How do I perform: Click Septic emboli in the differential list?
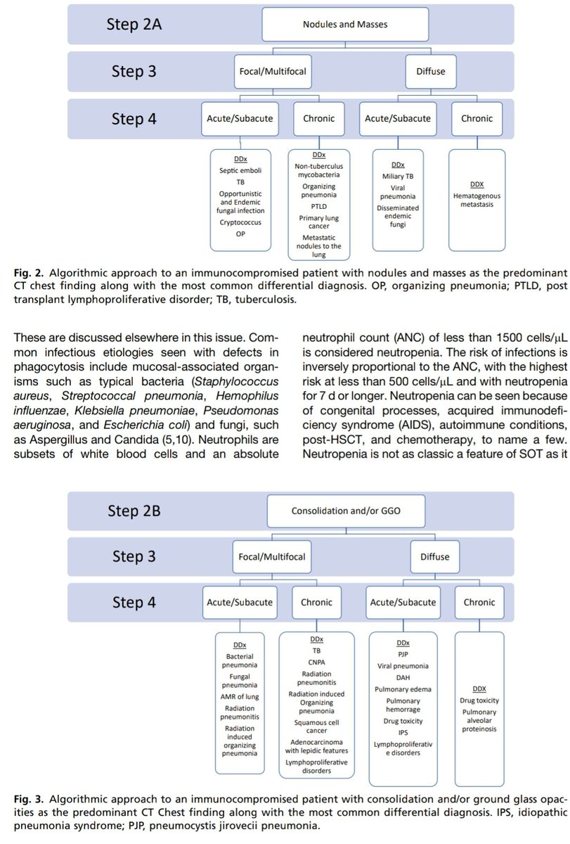pos(240,171)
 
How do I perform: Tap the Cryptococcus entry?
pos(240,222)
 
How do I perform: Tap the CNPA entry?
pos(317,661)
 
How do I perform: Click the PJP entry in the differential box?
pos(403,653)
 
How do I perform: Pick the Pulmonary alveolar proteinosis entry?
pos(479,720)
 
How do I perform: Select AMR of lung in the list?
pos(240,696)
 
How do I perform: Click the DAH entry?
pos(403,677)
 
